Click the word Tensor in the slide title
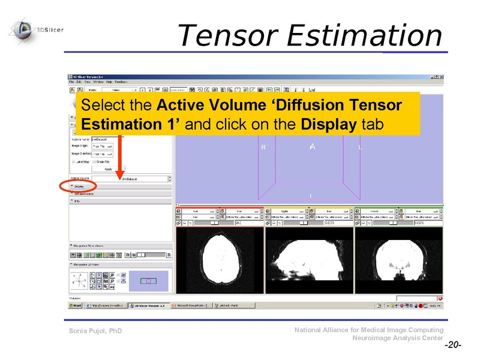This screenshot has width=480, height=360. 228,35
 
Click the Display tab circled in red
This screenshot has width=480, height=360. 79,187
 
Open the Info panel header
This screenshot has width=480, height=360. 78,201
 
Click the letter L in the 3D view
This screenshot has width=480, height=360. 359,148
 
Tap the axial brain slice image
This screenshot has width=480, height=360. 220,262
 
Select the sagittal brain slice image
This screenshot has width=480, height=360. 309,262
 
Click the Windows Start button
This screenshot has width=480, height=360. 76,305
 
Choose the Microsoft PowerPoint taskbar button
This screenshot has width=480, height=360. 191,305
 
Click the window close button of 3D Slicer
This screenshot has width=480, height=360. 441,77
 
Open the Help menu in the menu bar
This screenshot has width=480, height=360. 109,82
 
